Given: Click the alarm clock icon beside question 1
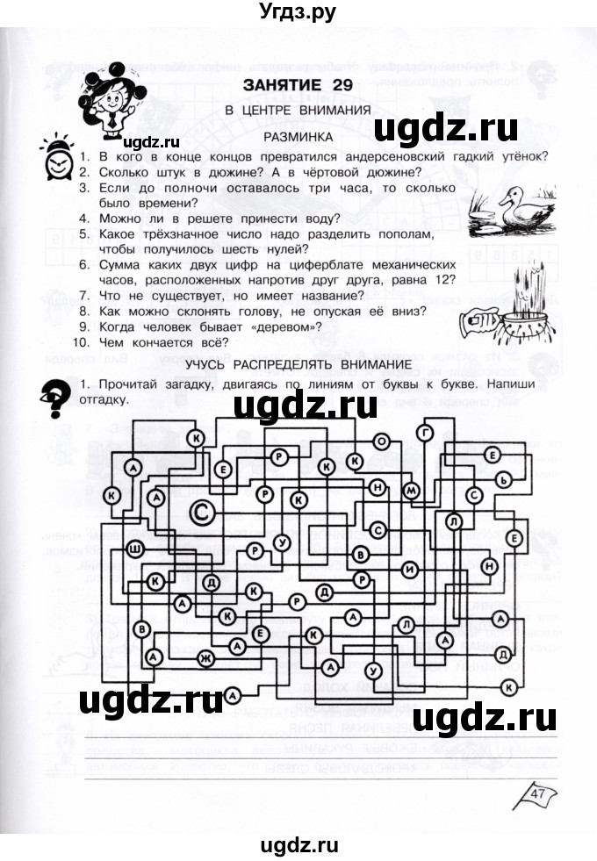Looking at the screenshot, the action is (58, 159).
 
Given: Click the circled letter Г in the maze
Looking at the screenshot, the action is (427, 433).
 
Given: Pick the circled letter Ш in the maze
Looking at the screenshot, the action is (136, 550).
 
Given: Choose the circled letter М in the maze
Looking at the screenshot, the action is (411, 491).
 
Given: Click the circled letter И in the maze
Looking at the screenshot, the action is (411, 570).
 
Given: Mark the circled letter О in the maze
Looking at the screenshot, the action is (381, 441).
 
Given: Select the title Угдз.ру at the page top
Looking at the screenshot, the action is (298, 12).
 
